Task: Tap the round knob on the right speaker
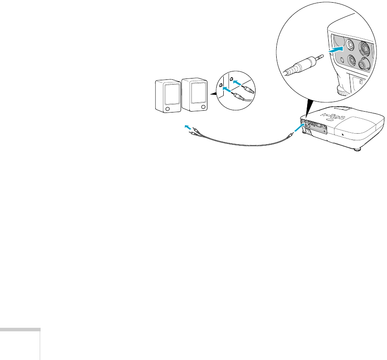[203, 107]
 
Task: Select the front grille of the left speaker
[171, 94]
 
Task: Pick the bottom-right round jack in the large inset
[364, 64]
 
